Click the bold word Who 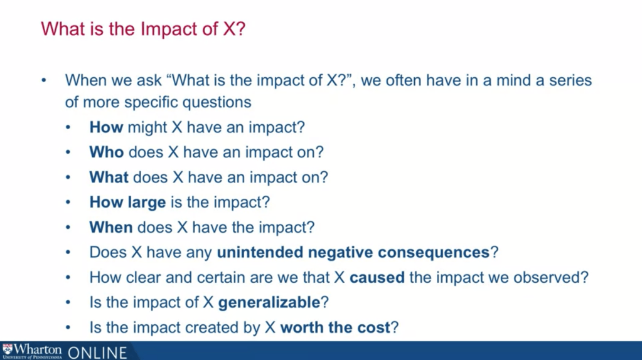(x=107, y=152)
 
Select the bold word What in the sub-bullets (x=109, y=177)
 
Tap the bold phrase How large (x=128, y=203)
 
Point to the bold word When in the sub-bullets (x=111, y=227)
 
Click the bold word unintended (x=260, y=252)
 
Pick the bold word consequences (x=434, y=252)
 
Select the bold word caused (x=377, y=277)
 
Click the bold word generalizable (x=269, y=303)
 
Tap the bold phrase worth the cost (x=335, y=327)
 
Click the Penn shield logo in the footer (x=8, y=349)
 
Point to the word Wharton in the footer (x=38, y=349)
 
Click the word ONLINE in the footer (x=97, y=352)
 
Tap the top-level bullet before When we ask (x=44, y=80)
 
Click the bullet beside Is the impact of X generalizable (x=68, y=303)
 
